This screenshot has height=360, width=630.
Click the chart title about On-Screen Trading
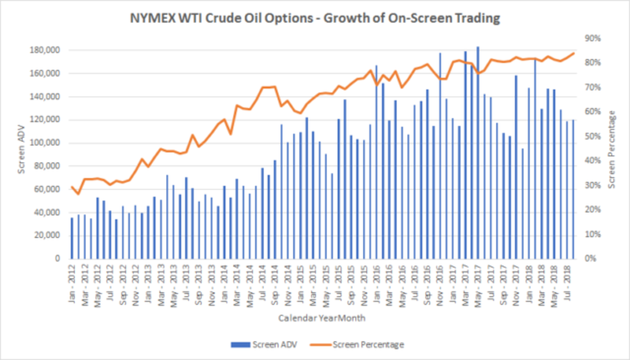click(x=314, y=19)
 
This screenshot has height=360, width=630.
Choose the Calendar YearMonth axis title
click(x=322, y=318)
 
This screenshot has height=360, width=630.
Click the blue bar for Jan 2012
click(x=72, y=238)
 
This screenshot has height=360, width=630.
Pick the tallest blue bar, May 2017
click(x=478, y=152)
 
